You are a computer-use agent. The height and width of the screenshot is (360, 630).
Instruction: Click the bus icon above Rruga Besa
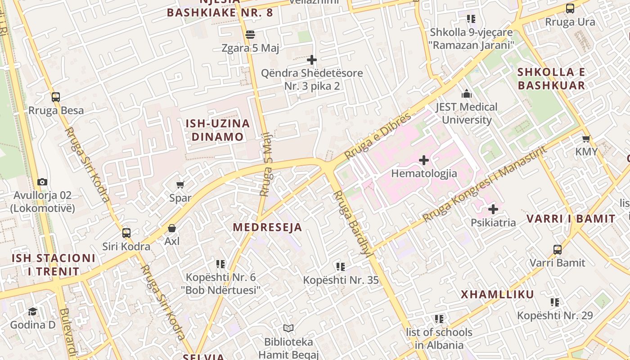56,97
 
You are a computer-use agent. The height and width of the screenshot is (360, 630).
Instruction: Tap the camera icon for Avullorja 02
42,182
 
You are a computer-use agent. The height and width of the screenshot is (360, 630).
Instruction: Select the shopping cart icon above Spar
180,184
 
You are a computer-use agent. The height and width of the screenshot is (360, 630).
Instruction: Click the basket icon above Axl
171,228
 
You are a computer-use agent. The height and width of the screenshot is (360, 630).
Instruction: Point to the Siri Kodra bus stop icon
126,233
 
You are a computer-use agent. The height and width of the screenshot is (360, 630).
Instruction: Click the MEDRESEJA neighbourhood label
267,227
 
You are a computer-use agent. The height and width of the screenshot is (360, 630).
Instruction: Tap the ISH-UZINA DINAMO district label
218,130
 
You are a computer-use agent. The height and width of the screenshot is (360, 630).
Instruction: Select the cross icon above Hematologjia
423,160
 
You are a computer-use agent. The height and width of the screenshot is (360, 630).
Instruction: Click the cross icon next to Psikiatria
493,209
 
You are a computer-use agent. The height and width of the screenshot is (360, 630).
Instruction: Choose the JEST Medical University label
467,113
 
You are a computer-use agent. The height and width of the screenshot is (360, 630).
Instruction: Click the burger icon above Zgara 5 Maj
250,34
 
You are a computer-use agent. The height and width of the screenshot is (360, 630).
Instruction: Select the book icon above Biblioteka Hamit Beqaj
288,328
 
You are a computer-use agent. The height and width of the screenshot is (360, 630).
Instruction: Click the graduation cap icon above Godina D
32,311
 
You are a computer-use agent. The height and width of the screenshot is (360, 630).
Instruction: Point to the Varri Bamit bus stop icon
557,249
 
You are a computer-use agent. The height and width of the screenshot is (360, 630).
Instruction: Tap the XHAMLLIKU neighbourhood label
497,294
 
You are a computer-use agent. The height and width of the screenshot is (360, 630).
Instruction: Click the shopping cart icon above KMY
586,139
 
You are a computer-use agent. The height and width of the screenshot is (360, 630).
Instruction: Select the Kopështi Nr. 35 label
341,280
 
